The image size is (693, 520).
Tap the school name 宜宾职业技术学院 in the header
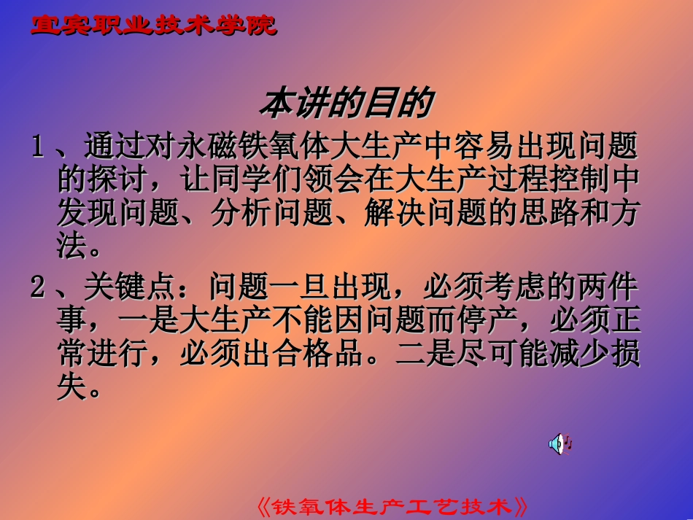(x=154, y=26)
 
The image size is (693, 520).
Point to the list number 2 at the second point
(x=37, y=287)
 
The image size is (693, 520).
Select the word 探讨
(x=112, y=180)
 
